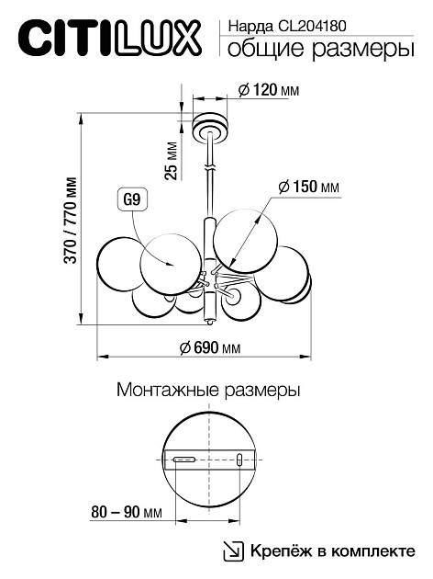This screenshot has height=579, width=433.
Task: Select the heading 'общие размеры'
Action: point(315,50)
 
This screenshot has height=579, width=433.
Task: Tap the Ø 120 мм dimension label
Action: point(268,90)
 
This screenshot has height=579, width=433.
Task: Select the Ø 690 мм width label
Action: point(211,347)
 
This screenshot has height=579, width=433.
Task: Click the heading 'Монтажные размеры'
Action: point(209,390)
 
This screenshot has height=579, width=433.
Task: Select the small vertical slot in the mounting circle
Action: point(239,459)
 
